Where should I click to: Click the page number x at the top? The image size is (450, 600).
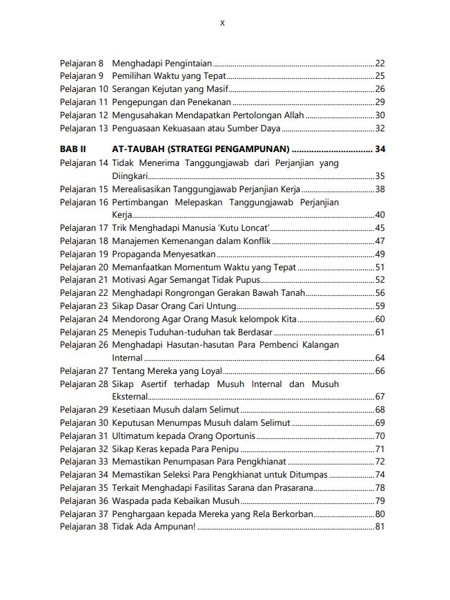(x=222, y=23)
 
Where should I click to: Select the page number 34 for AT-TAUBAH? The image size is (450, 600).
(x=380, y=149)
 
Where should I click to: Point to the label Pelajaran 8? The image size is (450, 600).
(x=81, y=63)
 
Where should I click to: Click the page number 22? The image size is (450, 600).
(x=380, y=63)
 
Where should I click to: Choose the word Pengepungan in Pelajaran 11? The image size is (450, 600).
(x=137, y=102)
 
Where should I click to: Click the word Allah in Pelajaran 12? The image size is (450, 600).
(x=294, y=115)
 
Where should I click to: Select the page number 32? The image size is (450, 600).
(x=380, y=128)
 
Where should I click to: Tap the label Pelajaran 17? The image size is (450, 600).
(x=84, y=228)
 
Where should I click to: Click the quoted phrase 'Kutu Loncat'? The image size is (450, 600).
(x=244, y=228)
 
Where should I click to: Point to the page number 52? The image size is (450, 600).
(x=380, y=280)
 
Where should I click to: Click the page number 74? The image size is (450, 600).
(x=380, y=474)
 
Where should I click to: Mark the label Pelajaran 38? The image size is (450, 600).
(x=84, y=527)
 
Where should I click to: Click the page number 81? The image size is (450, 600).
(x=380, y=527)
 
